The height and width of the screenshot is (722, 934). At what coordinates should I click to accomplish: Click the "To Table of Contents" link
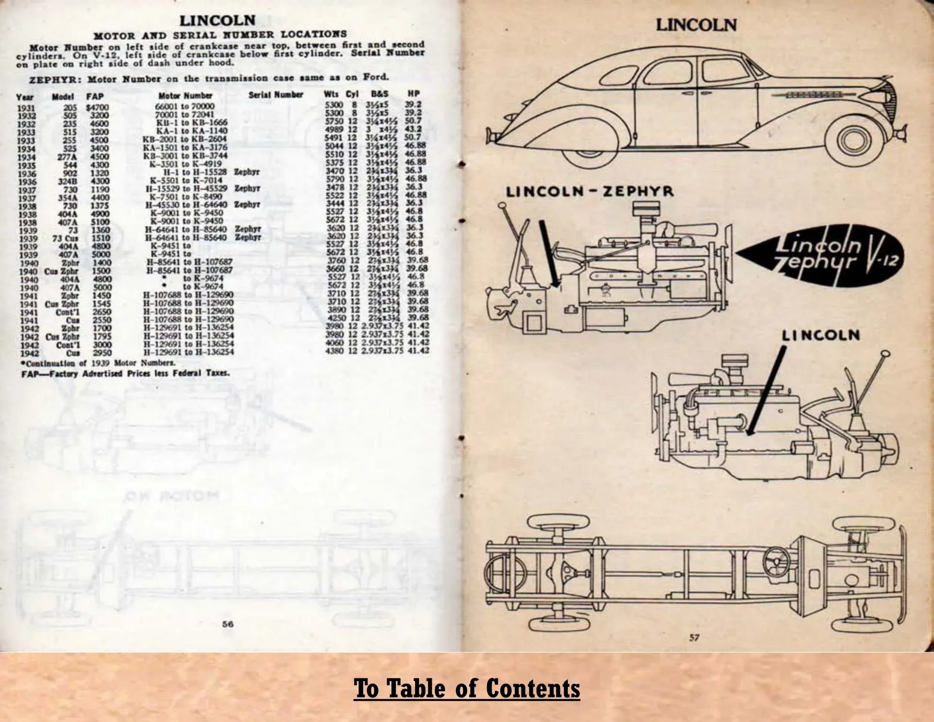[467, 688]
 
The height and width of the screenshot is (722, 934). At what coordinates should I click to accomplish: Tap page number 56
[227, 624]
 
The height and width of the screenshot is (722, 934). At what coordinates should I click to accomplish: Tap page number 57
[695, 638]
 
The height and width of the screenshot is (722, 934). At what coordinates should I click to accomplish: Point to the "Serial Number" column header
[275, 95]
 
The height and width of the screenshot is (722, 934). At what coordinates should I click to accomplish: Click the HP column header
[413, 94]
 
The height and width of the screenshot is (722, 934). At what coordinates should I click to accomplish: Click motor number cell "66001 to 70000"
[185, 106]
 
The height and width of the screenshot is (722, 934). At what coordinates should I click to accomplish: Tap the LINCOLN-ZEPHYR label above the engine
[589, 192]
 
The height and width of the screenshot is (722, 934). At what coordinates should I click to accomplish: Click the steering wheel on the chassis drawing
[778, 563]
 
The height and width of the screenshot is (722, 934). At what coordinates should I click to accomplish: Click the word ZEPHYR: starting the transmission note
[50, 78]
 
